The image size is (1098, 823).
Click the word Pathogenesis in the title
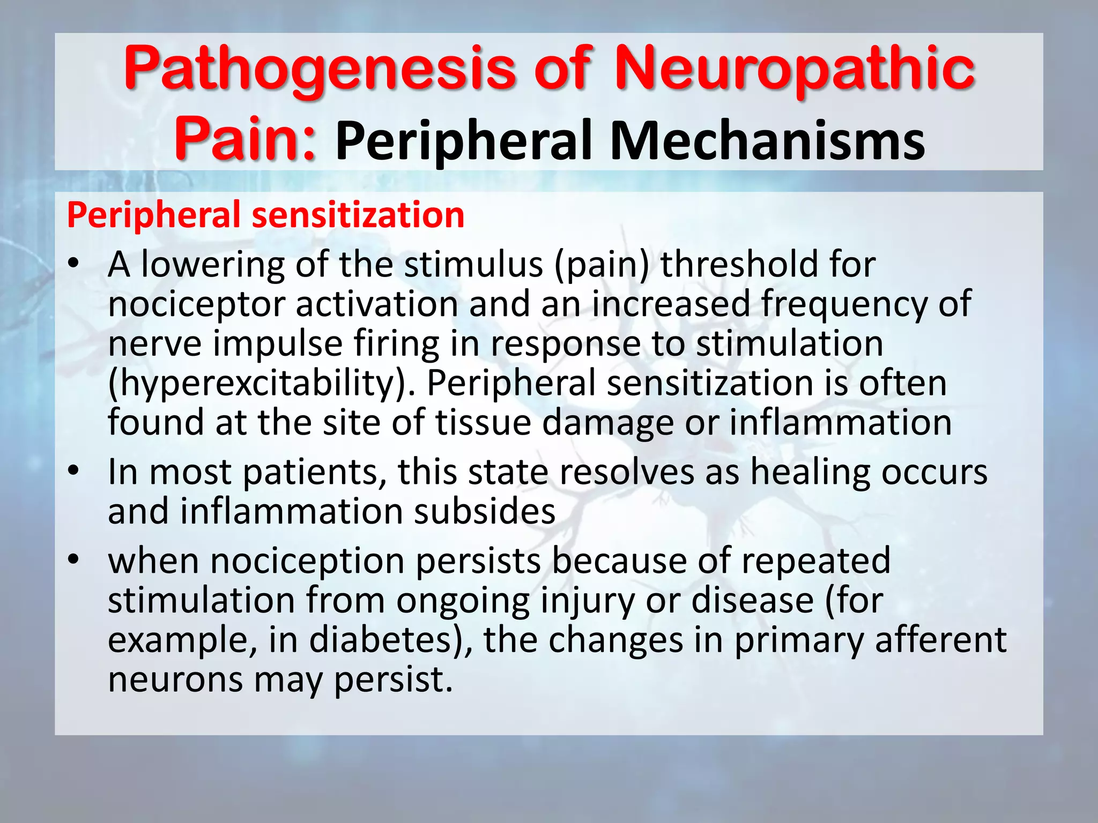[x=319, y=70]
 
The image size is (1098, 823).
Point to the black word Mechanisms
[x=767, y=140]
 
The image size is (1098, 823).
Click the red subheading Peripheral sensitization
[x=265, y=215]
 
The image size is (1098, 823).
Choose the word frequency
[x=844, y=304]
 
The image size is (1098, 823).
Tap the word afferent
[x=941, y=640]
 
